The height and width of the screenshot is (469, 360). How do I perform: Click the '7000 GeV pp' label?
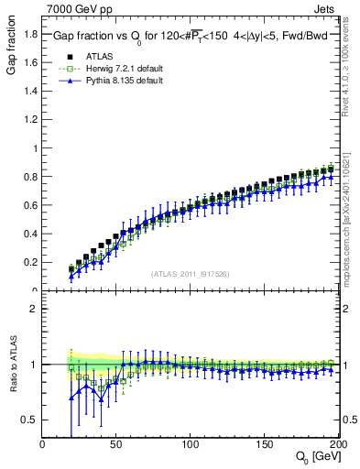[73, 8]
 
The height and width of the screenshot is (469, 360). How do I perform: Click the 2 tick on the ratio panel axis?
[36, 309]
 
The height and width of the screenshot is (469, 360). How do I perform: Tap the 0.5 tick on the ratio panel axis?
[30, 420]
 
